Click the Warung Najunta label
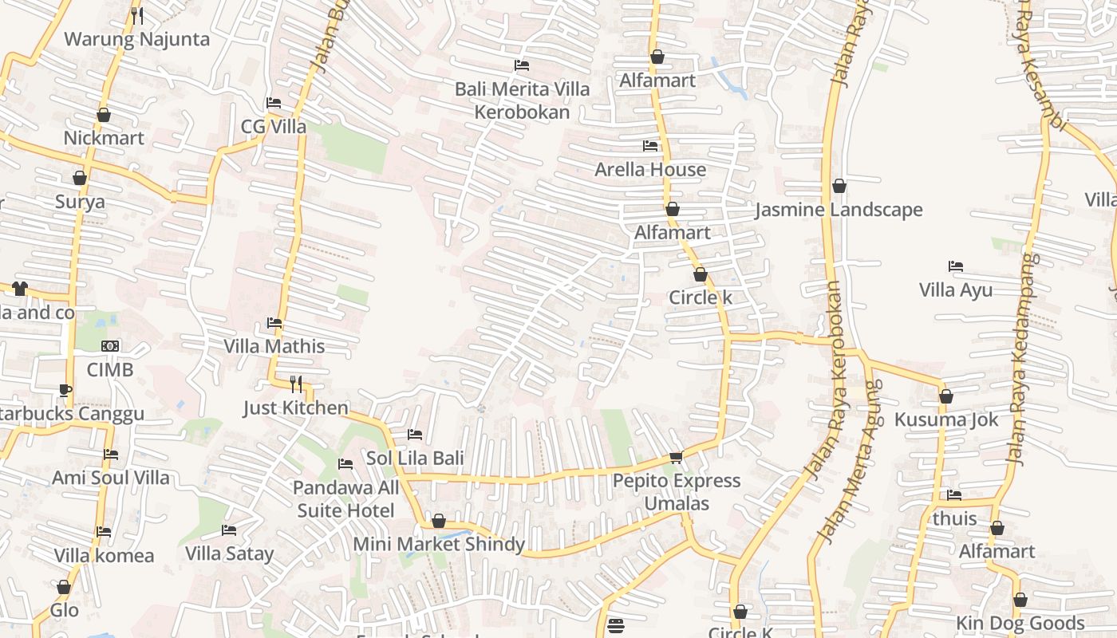tap(136, 39)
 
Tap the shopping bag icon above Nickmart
tap(104, 116)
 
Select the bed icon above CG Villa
tap(273, 103)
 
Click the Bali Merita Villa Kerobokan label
tap(522, 100)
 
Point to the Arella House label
tap(650, 169)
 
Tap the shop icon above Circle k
tap(701, 275)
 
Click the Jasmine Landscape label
tap(839, 210)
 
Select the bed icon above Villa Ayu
tap(956, 266)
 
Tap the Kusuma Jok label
tap(946, 419)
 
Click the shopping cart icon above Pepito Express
tap(677, 458)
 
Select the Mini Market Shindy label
tap(439, 545)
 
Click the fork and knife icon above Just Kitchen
tap(296, 384)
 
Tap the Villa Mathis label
tap(274, 346)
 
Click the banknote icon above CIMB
tap(110, 346)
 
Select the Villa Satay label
tap(229, 553)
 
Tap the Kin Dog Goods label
tap(1020, 623)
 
